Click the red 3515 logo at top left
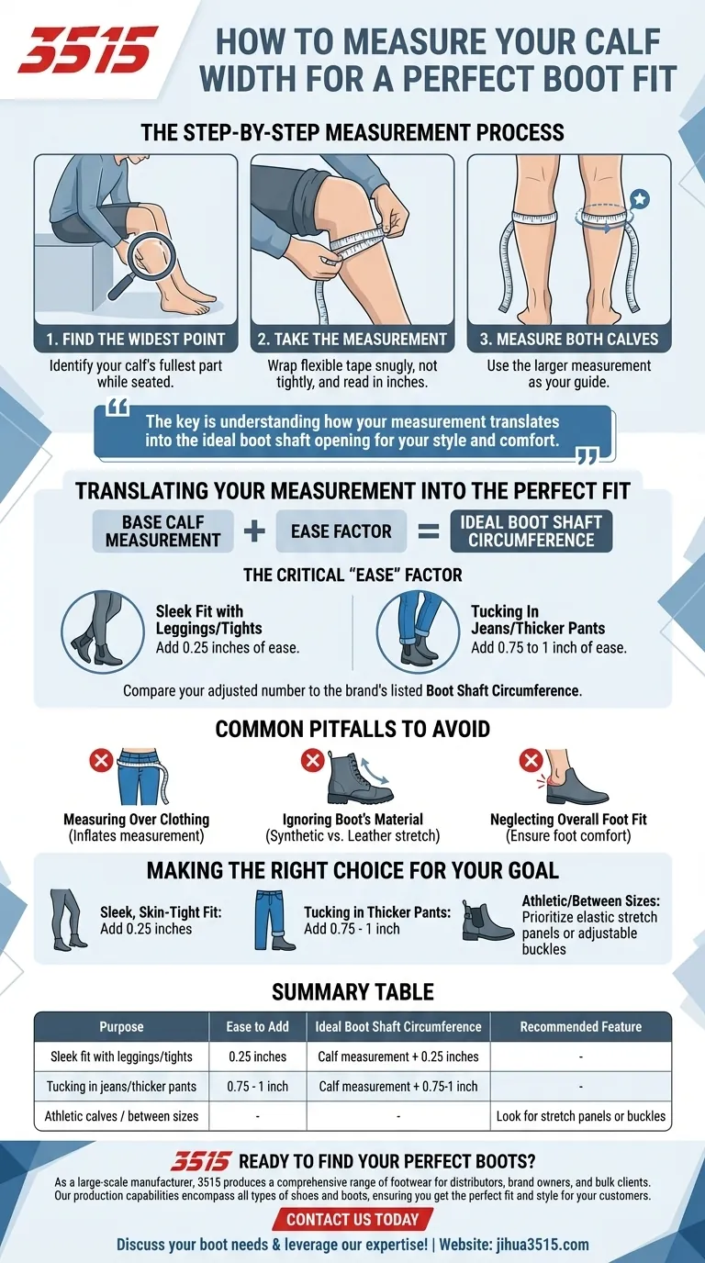(88, 50)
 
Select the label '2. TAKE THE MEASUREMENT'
(352, 339)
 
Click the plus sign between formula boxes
(254, 531)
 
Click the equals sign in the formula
(429, 531)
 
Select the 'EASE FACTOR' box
(341, 531)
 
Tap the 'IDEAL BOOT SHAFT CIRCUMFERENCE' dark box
(532, 531)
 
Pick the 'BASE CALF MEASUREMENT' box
(162, 531)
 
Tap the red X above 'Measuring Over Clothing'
(101, 760)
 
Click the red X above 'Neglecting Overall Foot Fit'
(530, 760)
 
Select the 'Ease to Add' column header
(257, 1026)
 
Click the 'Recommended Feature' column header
(580, 1026)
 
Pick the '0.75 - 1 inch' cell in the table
(257, 1086)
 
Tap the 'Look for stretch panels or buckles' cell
(580, 1116)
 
